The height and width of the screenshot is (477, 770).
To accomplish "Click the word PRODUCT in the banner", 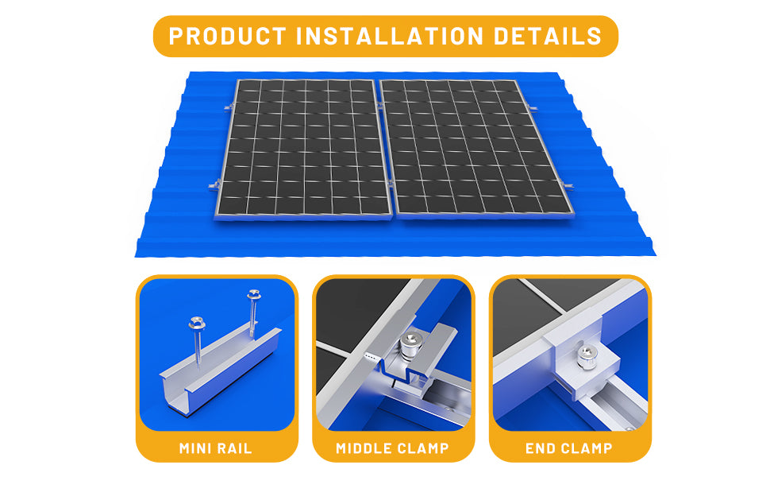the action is tap(227, 36).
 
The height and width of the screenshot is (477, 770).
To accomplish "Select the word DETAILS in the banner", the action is tap(548, 36).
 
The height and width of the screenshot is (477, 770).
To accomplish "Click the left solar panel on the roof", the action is tap(303, 148).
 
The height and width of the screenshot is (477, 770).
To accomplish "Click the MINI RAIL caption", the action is tap(216, 448).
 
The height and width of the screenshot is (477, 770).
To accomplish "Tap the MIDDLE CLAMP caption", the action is tap(392, 448).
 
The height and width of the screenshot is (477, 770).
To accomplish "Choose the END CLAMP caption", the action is tap(569, 448).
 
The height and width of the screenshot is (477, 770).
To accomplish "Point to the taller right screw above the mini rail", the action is tap(254, 312).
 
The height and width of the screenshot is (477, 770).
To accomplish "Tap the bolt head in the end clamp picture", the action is tap(587, 355).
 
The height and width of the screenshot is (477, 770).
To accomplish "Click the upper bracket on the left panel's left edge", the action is tap(229, 107).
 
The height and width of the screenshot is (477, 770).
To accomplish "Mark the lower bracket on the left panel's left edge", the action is tap(214, 186).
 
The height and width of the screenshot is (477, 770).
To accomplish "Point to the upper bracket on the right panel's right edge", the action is tap(532, 107).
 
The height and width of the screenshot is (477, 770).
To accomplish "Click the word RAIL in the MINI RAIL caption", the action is tap(234, 448).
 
